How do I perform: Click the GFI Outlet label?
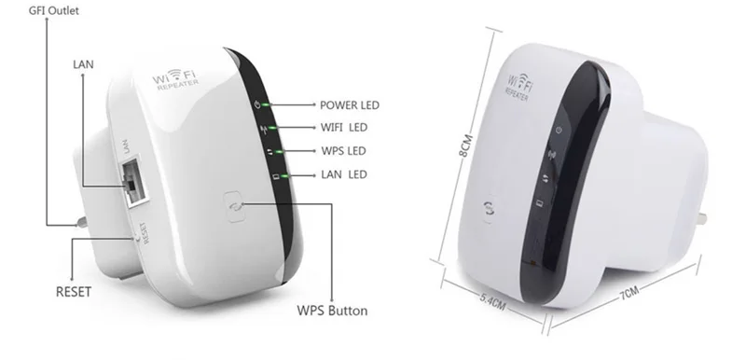coord(54,10)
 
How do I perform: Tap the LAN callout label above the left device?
coord(83,64)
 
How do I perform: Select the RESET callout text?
coord(74,292)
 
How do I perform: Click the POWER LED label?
coord(349,105)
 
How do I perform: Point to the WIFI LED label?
coord(344,128)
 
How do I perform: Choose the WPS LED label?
coord(343,151)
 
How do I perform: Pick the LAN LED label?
coord(344,174)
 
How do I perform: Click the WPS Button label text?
coord(332,311)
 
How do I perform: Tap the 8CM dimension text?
coord(465,145)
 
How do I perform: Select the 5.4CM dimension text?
coord(492,301)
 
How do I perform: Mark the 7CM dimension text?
coord(629,293)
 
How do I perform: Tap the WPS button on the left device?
coord(234,206)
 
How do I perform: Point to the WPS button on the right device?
coord(490,208)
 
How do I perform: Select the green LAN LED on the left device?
coord(284,176)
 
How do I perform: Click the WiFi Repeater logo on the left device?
coord(174,78)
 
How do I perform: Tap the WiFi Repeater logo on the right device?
coord(519,87)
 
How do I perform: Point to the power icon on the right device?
coord(559,130)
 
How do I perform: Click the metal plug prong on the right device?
coord(701,219)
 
